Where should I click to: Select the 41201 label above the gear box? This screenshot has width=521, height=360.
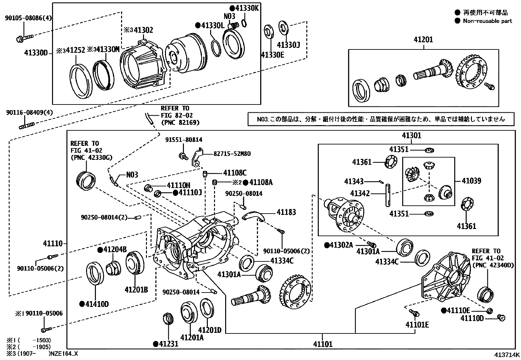(423, 40)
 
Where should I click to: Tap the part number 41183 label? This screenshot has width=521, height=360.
(286, 212)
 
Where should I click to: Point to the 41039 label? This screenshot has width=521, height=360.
(471, 181)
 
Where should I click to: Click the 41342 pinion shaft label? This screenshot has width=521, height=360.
(360, 193)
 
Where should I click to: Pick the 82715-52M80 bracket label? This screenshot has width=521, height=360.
(232, 153)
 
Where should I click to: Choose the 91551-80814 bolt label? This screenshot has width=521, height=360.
(184, 140)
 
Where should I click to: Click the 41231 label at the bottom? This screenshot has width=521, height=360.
(168, 344)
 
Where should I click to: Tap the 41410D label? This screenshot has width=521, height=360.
(97, 304)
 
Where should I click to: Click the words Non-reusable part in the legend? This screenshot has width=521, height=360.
(487, 21)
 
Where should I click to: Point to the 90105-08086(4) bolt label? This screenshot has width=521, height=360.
(28, 19)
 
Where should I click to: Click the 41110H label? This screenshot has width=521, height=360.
(179, 185)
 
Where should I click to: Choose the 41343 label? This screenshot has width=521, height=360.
(354, 181)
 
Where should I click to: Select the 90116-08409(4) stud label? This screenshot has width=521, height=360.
(29, 113)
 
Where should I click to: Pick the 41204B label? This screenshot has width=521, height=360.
(115, 250)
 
